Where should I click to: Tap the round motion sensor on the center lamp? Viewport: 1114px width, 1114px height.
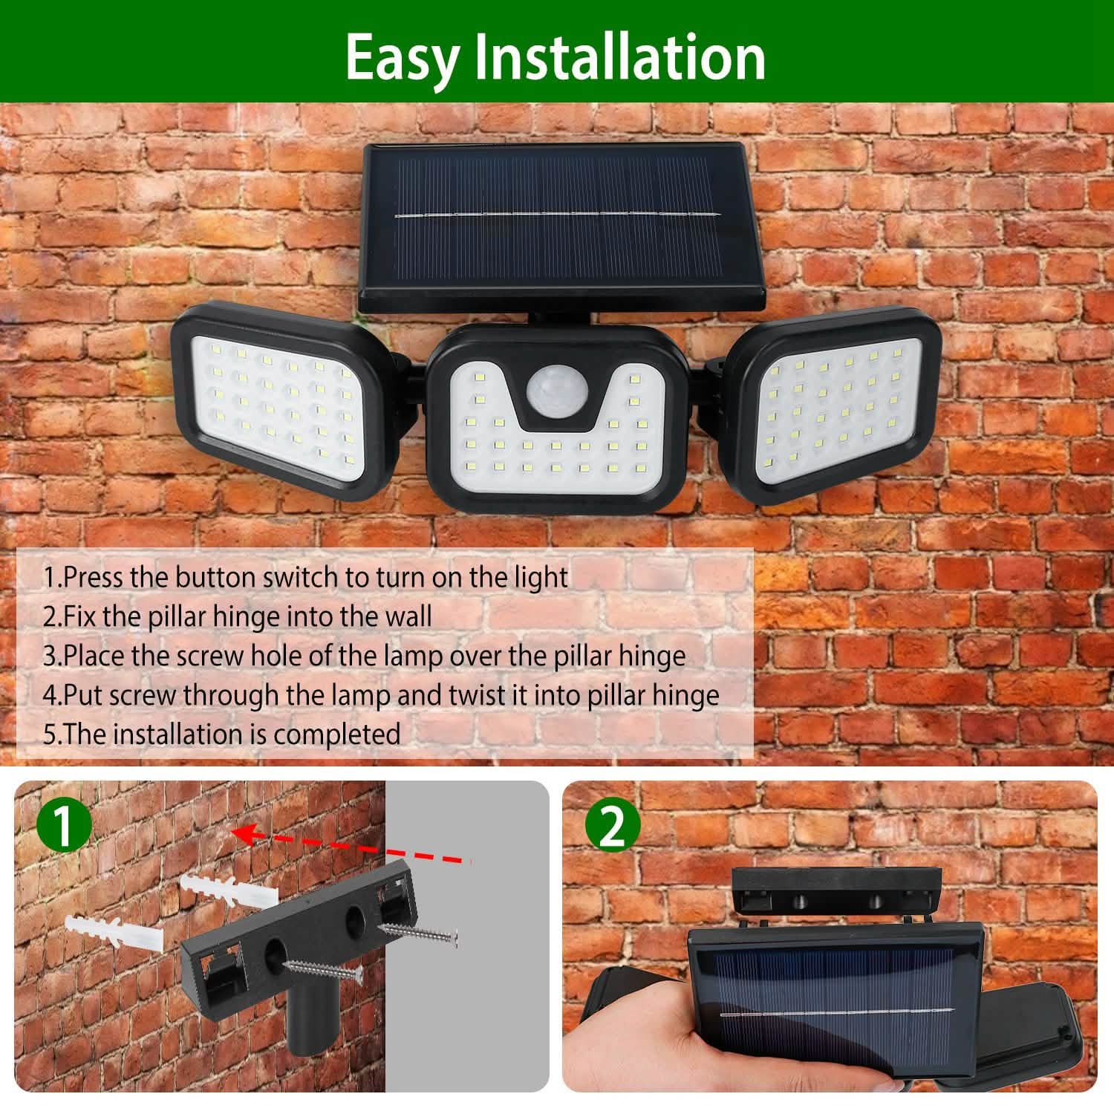tap(555, 391)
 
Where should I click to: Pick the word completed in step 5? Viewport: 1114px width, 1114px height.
tap(337, 734)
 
